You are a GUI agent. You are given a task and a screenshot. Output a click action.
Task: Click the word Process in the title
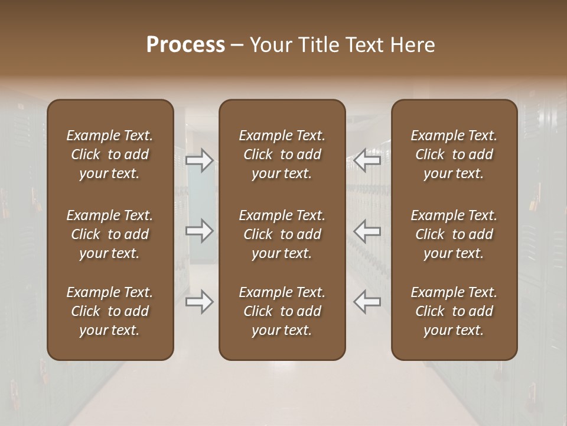(185, 45)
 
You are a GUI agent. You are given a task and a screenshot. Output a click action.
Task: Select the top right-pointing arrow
(199, 160)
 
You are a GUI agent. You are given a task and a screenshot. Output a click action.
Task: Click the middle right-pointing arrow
(199, 230)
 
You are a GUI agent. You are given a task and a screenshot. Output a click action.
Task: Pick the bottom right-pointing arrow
(199, 302)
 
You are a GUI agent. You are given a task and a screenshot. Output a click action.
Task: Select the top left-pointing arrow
(367, 160)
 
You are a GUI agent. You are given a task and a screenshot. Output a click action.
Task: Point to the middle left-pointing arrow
(367, 230)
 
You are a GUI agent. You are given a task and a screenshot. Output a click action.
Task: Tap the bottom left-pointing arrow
(367, 302)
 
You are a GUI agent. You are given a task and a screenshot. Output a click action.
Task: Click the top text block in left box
(110, 154)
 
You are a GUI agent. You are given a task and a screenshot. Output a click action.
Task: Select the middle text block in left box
(110, 234)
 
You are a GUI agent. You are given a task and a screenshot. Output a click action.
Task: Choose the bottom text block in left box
(110, 311)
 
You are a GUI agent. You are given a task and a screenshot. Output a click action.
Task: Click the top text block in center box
(282, 154)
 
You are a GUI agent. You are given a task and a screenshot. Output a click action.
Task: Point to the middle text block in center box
(282, 234)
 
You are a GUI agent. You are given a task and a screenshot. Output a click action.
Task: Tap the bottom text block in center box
(282, 311)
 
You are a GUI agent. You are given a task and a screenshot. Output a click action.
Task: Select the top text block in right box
(454, 154)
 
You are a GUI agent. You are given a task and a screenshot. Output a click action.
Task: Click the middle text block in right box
(454, 234)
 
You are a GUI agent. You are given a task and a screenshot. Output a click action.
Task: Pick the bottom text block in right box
(454, 311)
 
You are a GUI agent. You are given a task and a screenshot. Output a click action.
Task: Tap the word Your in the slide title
(269, 45)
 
